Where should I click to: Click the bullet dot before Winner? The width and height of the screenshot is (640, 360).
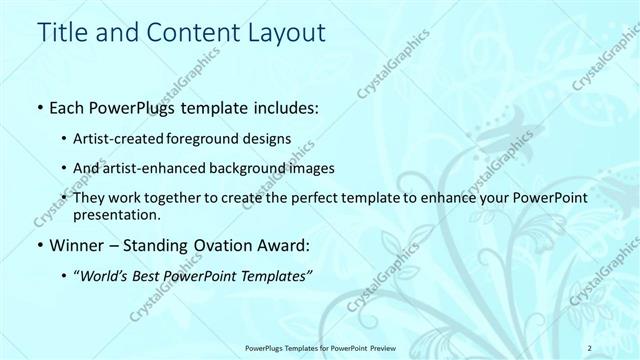[x=38, y=245]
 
